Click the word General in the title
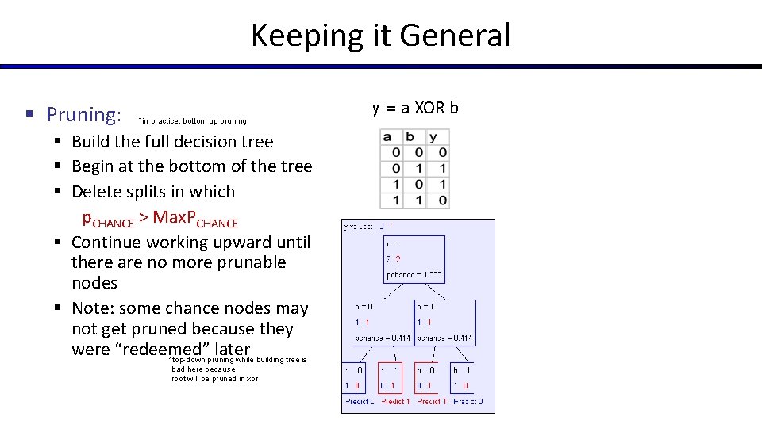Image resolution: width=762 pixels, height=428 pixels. coord(455,36)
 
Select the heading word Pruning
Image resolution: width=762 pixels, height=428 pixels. coord(83,115)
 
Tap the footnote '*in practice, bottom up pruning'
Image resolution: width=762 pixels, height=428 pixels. coord(192,121)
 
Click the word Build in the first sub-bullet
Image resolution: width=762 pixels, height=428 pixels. coord(91,142)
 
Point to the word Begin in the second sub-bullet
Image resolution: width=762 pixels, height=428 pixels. coord(93,166)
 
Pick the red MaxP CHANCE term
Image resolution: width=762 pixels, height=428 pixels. coord(195,218)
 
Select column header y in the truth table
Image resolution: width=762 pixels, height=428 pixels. coord(433,137)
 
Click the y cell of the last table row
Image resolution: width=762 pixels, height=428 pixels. coord(442,201)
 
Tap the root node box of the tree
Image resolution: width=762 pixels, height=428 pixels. coord(414,258)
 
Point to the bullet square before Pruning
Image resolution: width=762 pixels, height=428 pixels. coord(29,115)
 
